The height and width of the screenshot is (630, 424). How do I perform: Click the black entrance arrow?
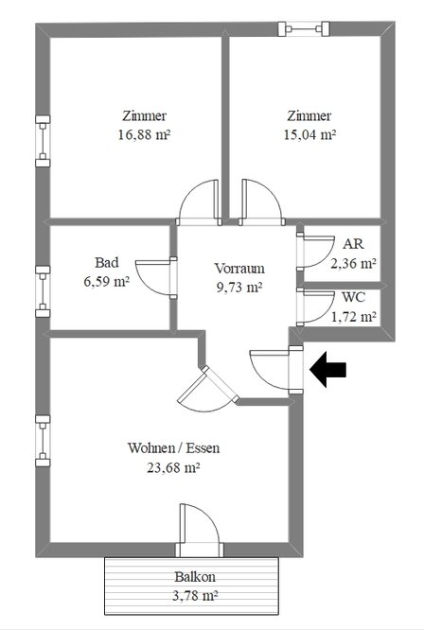coord(327,369)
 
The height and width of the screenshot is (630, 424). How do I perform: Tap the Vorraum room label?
coord(239,268)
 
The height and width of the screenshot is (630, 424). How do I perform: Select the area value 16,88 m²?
coord(144,134)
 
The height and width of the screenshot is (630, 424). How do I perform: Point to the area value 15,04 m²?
coord(309,134)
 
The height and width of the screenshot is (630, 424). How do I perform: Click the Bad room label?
coord(107,262)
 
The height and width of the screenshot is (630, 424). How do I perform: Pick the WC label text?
coord(354,297)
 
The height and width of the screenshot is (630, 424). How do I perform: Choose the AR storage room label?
coord(353,244)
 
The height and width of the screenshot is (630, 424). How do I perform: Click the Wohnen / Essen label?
coord(173,448)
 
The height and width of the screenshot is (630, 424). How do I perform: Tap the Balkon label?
coord(195,577)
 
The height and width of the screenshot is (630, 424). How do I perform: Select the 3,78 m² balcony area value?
coord(195,595)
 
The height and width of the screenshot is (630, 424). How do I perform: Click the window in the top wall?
coord(304,29)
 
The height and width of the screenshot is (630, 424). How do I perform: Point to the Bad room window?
coord(43,291)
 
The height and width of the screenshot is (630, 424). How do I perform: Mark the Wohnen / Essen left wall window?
coord(43,441)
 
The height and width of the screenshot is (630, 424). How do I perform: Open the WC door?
coord(315,307)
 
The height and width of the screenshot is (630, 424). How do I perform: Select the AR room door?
coord(315,251)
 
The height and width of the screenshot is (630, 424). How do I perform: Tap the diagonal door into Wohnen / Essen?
coord(208,389)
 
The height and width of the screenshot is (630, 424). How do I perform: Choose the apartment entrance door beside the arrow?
coord(276,370)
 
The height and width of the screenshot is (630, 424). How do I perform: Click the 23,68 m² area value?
coord(173,467)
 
